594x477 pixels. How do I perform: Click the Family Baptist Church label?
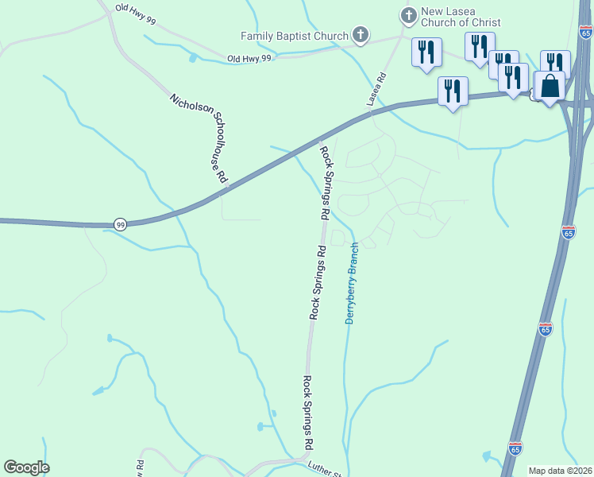pos(295,36)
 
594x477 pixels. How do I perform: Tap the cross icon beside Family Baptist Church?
pos(361,35)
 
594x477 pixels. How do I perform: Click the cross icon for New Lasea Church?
pos(408,15)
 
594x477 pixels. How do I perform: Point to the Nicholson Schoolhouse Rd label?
pos(199,139)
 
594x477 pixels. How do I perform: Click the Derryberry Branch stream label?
pos(352,283)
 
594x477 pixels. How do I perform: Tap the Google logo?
pos(26,467)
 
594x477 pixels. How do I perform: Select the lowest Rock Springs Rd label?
pos(307,412)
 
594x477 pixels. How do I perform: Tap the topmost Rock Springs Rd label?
pos(325,182)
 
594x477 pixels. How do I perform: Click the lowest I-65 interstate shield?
pos(515,448)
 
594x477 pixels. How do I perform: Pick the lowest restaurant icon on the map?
pos(453,91)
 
